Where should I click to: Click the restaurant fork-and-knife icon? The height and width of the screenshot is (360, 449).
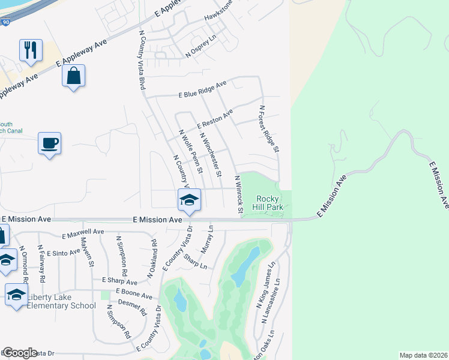[31, 50]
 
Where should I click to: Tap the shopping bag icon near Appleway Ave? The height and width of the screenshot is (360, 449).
[73, 76]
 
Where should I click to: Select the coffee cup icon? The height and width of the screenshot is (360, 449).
[50, 143]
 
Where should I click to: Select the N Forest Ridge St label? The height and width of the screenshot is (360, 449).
[269, 128]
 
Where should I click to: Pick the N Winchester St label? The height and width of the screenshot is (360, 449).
[211, 155]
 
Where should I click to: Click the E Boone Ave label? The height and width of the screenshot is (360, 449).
[135, 292]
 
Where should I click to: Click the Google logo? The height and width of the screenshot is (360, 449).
[20, 353]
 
